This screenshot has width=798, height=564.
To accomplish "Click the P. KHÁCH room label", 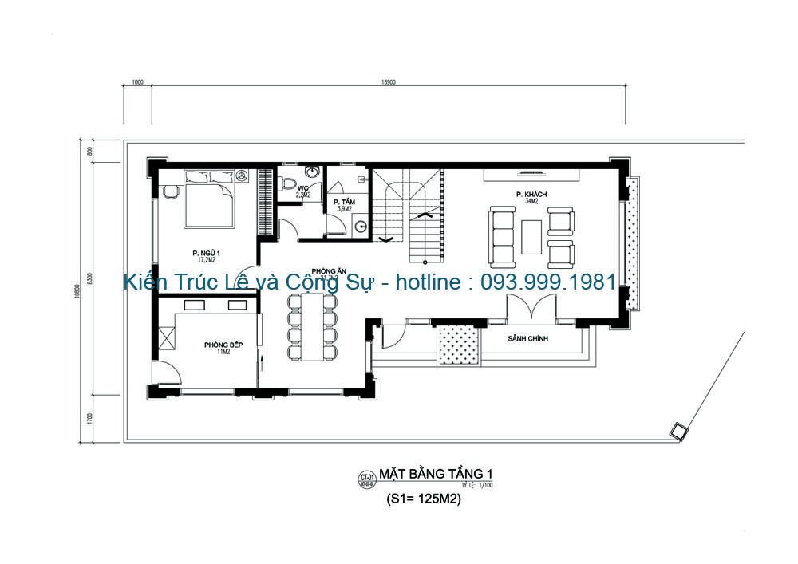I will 531,195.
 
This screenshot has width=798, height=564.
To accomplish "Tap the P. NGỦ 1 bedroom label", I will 207,253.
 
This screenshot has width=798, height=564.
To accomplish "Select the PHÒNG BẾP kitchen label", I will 223,345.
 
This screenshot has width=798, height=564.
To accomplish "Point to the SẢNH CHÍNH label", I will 532,339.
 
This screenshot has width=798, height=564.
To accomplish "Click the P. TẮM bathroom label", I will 344,202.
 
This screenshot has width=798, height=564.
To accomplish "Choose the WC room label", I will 303,189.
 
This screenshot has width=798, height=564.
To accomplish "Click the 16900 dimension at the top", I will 389,81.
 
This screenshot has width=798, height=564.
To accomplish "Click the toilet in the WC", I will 286,183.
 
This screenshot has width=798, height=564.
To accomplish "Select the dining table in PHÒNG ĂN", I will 311,327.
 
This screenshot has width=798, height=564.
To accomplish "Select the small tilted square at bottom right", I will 679,432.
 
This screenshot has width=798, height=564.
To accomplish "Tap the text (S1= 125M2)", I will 424,501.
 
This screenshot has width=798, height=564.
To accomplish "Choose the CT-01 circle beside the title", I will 367,479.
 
